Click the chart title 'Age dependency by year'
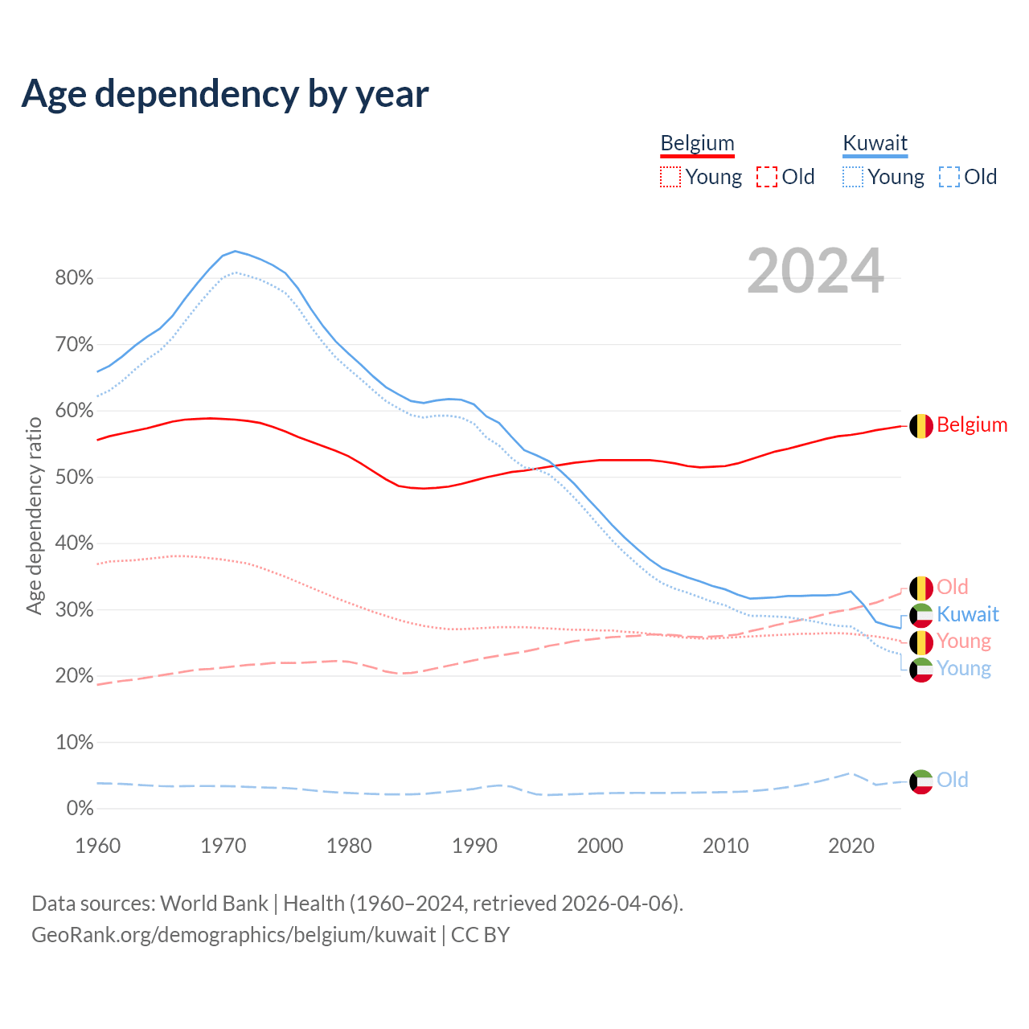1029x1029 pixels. (x=225, y=94)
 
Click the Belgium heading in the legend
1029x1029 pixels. (x=697, y=143)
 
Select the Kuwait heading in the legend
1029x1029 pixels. (x=875, y=143)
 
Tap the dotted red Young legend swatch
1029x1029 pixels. (x=670, y=177)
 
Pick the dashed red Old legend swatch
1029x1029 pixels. (x=767, y=177)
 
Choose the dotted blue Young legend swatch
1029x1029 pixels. (x=853, y=177)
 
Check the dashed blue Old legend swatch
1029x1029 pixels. (x=949, y=177)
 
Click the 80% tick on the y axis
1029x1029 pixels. (x=74, y=278)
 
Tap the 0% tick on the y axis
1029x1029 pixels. (x=80, y=809)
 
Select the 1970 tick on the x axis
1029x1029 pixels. (x=223, y=846)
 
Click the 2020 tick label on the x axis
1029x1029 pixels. (x=851, y=846)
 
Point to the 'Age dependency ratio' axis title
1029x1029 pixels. (x=35, y=515)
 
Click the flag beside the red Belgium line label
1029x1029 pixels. (x=921, y=426)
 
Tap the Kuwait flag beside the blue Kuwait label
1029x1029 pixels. (x=921, y=616)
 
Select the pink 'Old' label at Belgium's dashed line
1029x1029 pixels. (x=953, y=587)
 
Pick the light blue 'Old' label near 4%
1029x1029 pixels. (x=953, y=780)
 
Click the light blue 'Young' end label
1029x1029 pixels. (x=964, y=669)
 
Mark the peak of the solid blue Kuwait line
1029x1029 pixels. (x=235, y=251)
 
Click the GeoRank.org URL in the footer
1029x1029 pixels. (x=233, y=935)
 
